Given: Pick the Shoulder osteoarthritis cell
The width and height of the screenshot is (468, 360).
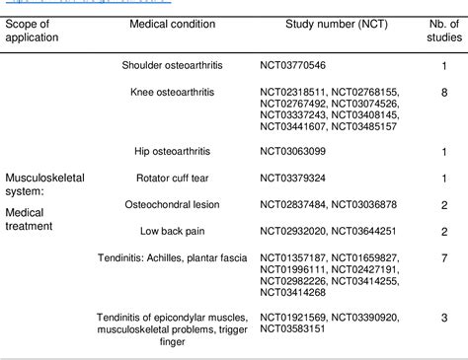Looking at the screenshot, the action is (172, 65).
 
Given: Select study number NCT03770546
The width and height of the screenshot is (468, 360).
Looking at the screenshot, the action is (294, 65).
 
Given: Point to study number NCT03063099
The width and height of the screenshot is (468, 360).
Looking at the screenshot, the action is (294, 151).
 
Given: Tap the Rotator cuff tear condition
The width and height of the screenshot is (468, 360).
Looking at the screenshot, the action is (172, 178).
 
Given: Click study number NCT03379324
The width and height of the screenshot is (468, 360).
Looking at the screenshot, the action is (294, 178).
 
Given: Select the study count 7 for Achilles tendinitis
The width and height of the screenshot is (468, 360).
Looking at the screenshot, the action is (445, 257).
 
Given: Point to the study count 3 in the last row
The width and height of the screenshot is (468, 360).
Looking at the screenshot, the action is (445, 318).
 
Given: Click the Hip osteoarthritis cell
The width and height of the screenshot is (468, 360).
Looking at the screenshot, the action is (172, 151).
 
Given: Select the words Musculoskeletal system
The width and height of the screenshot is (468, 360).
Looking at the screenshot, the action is (45, 183).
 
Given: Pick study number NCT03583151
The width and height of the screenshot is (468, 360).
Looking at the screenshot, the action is (294, 329).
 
